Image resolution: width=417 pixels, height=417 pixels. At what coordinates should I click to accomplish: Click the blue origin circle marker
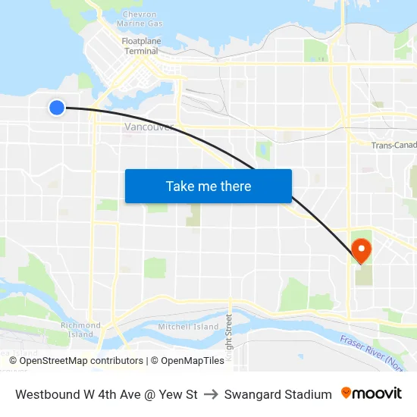[x=56, y=108]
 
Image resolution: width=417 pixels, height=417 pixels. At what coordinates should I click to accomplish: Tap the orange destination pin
[x=361, y=249]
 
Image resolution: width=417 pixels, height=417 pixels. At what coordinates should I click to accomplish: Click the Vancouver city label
[x=149, y=127]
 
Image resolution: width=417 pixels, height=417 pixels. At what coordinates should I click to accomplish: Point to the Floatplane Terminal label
[x=140, y=45]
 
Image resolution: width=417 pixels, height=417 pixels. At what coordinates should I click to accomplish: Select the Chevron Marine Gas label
[x=140, y=19]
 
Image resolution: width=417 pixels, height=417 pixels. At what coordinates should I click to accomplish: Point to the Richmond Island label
[x=80, y=330]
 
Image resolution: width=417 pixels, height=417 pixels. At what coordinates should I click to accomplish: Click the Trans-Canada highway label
[x=393, y=145]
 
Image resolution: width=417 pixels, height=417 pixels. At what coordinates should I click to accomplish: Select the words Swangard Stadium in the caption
[x=277, y=394]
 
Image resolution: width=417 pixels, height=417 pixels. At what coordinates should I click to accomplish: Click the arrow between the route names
[x=211, y=394]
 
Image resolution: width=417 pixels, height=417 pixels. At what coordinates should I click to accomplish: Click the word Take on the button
[x=180, y=187]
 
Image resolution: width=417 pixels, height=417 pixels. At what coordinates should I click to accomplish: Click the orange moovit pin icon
[x=346, y=393]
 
